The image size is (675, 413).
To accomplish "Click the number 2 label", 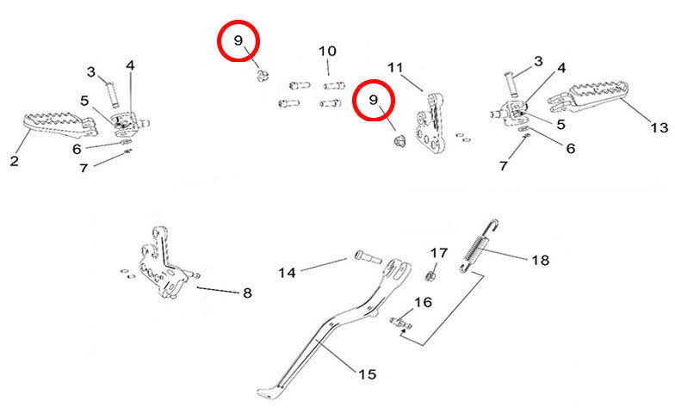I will pyautogui.click(x=15, y=160).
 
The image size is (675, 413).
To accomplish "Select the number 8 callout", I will pyautogui.click(x=247, y=293).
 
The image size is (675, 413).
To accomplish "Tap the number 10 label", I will pyautogui.click(x=327, y=51).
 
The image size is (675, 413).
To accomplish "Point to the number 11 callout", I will pyautogui.click(x=395, y=67).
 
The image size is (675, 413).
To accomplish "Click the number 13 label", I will pyautogui.click(x=659, y=128).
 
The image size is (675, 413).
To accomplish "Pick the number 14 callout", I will pyautogui.click(x=287, y=273).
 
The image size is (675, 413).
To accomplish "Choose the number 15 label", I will pyautogui.click(x=367, y=374).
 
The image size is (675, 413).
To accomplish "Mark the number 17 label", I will pyautogui.click(x=439, y=253).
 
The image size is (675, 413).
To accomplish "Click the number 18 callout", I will pyautogui.click(x=540, y=260).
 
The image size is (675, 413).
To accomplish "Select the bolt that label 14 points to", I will pyautogui.click(x=364, y=256).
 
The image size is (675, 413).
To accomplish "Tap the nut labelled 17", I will pyautogui.click(x=431, y=275).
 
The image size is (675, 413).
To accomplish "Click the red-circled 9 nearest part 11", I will pyautogui.click(x=375, y=100).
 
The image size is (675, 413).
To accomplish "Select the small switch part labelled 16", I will pyautogui.click(x=400, y=324).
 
